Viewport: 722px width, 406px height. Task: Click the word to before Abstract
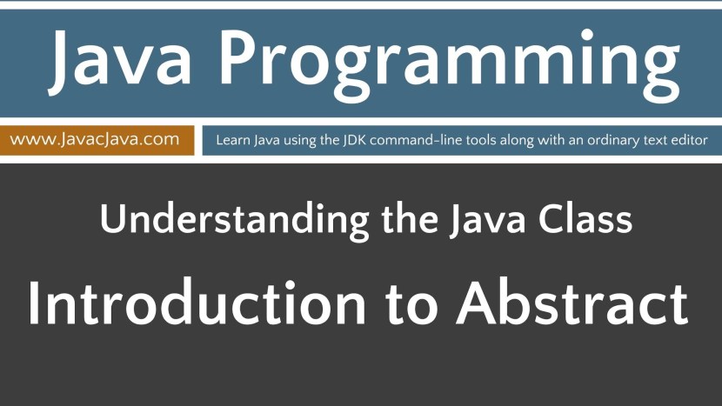coord(412,304)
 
